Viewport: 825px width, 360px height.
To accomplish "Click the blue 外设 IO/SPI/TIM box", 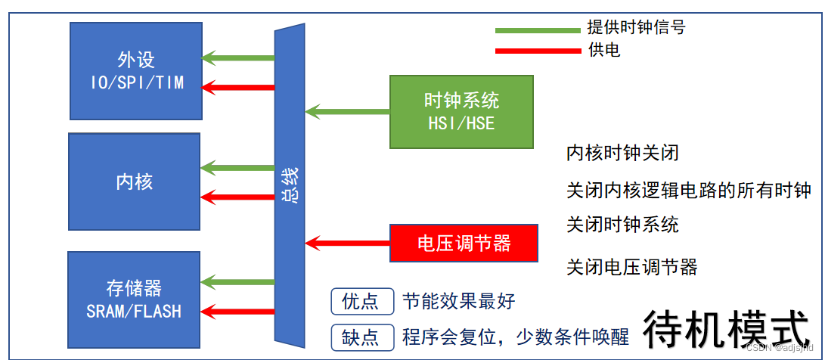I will click(136, 70).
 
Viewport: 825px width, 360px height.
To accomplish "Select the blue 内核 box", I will click(135, 181).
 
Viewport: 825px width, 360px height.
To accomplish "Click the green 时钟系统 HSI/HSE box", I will click(461, 111).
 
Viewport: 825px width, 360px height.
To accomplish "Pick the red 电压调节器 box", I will click(464, 243).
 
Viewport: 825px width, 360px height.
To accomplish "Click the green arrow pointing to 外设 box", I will click(238, 57).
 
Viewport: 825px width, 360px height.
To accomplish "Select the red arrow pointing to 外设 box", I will click(238, 87).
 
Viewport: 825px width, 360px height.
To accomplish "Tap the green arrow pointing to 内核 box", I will click(238, 167).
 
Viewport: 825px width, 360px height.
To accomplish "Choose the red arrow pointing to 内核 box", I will click(238, 197).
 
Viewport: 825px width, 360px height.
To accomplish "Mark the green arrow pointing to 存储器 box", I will click(238, 282).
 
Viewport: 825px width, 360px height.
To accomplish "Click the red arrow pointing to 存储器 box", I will click(238, 310).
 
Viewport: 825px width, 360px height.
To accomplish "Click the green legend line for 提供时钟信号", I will click(537, 30).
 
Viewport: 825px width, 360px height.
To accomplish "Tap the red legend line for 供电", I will click(537, 51).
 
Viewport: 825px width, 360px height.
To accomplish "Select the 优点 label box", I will click(362, 301).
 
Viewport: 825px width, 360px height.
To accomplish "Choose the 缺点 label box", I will click(362, 337).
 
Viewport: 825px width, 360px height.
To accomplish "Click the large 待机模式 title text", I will click(726, 330).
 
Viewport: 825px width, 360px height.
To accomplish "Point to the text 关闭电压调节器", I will click(631, 267).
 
